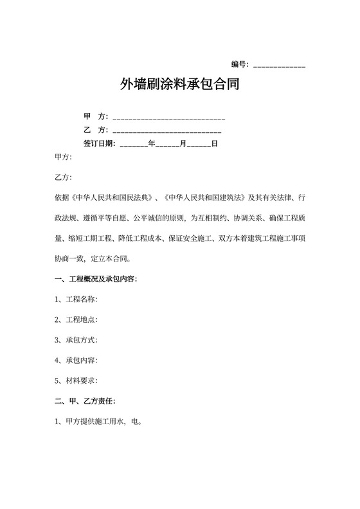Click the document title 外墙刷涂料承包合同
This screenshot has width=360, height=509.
coord(179,84)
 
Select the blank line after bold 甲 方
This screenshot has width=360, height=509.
coord(168,119)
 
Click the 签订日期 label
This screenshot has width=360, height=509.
coord(99,143)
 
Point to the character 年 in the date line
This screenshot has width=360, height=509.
coord(152,143)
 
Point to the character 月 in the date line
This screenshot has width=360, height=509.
coord(183,143)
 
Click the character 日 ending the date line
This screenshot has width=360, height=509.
coord(215,143)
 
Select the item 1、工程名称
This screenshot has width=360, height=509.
coord(76,299)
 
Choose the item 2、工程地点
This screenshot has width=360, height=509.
coord(76,319)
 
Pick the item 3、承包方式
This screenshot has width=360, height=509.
coord(76,340)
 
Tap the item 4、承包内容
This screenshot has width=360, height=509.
coord(76,361)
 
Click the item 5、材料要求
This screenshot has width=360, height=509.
coord(76,380)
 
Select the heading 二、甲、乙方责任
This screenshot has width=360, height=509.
coord(84,401)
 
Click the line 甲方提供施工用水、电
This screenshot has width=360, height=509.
coord(98,422)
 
